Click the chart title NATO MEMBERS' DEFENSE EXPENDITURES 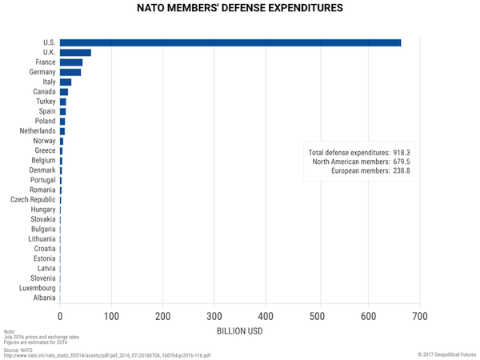tap(240, 9)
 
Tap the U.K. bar tap(75, 53)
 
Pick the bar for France tap(71, 62)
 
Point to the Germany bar tap(70, 72)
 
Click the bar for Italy tap(66, 82)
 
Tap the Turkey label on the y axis tap(46, 102)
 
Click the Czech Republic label tap(33, 199)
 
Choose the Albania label tap(44, 298)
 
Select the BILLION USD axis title tap(240, 332)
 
